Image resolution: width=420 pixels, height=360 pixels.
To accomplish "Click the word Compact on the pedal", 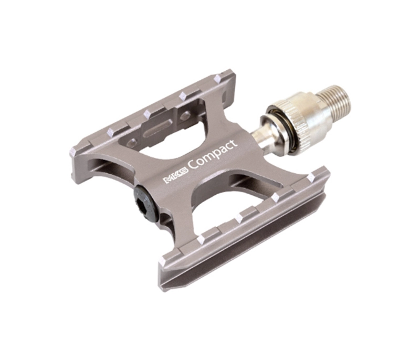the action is coord(214,156).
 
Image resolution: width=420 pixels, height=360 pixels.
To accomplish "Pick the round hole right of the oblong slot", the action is coord(184,116).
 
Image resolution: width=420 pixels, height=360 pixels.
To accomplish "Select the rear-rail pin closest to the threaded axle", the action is coord(219,78).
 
